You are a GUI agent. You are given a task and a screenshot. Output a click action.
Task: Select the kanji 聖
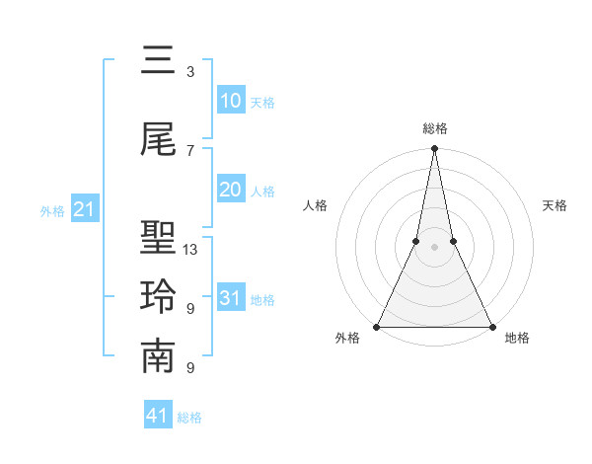click(158, 239)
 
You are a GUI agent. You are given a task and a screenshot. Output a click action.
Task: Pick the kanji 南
click(158, 357)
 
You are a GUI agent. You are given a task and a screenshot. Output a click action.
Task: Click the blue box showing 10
click(231, 101)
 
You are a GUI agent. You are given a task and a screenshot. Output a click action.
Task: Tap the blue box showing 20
click(231, 190)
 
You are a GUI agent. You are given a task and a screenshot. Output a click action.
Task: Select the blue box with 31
click(231, 298)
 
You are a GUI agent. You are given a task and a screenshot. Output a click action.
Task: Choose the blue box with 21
click(84, 209)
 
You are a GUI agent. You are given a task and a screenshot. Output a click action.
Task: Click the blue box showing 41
click(158, 416)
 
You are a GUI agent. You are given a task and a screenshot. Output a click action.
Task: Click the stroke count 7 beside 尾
click(189, 150)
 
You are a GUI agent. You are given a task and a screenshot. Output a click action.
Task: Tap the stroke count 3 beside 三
click(189, 71)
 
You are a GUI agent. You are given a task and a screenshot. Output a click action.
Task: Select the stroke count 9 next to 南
click(189, 368)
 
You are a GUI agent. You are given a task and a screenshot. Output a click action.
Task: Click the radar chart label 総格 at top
click(434, 128)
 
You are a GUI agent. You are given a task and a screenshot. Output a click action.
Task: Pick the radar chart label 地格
click(517, 338)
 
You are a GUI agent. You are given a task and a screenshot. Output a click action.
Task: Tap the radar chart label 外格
click(347, 338)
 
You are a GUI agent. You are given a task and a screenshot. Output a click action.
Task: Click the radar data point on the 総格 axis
click(434, 149)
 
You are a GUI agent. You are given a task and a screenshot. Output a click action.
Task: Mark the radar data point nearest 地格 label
click(491, 326)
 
